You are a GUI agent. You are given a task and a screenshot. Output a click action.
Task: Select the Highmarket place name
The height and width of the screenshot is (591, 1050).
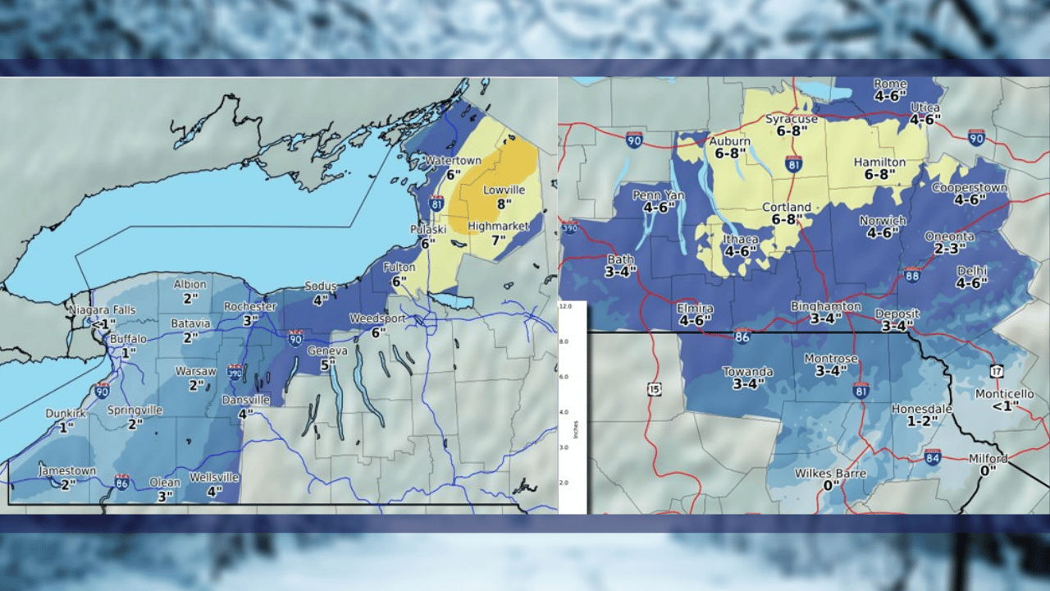[x=498, y=227]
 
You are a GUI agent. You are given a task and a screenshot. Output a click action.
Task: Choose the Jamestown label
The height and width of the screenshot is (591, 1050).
[x=66, y=471]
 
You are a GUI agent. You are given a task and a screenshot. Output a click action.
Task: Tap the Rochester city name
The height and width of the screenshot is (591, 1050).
[x=250, y=307]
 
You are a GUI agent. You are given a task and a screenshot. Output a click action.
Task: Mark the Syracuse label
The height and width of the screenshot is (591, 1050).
[x=792, y=119]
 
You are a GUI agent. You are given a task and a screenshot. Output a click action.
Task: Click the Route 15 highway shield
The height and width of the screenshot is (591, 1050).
[x=653, y=389]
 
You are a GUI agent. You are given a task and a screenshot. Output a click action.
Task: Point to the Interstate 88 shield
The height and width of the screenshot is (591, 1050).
[x=912, y=275]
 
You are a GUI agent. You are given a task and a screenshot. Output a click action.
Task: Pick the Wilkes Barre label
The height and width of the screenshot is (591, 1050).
[x=831, y=474]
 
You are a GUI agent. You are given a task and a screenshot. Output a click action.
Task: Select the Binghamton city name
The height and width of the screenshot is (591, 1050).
[x=826, y=307]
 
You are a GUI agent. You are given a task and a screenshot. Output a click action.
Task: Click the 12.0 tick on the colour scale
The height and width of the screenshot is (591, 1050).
[x=565, y=305]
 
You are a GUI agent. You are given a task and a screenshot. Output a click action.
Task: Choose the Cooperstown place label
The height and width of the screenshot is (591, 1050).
[x=969, y=188]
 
